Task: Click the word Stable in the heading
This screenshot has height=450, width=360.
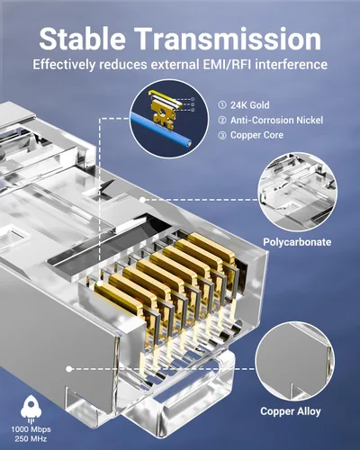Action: pyautogui.click(x=82, y=39)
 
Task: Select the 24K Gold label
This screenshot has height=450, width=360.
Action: pyautogui.click(x=249, y=105)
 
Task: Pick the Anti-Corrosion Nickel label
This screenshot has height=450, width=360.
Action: pyautogui.click(x=276, y=121)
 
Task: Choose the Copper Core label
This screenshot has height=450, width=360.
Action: pyautogui.click(x=256, y=135)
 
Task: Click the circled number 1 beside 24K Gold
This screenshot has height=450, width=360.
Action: pyautogui.click(x=222, y=105)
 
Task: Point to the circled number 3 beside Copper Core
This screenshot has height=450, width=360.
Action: pyautogui.click(x=222, y=135)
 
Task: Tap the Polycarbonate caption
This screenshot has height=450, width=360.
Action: pyautogui.click(x=297, y=242)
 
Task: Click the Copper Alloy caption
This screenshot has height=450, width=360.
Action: pyautogui.click(x=291, y=411)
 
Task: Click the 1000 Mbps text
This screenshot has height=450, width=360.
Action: pyautogui.click(x=31, y=429)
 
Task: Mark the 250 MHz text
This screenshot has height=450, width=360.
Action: pyautogui.click(x=31, y=439)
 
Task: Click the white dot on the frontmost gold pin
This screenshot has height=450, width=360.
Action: pyautogui.click(x=100, y=283)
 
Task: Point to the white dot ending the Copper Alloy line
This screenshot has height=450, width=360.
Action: pyautogui.click(x=69, y=369)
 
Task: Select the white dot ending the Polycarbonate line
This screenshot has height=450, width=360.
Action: pyautogui.click(x=143, y=200)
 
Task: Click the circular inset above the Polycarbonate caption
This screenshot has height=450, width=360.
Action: pyautogui.click(x=297, y=192)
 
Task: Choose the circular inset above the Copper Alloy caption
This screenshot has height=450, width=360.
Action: pyautogui.click(x=294, y=362)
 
